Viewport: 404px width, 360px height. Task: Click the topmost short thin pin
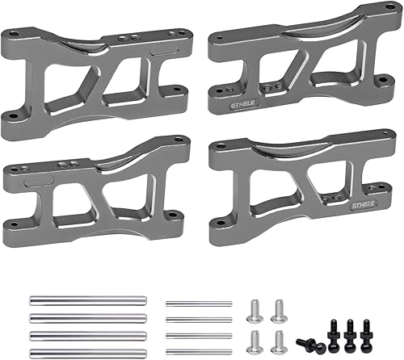pyautogui.click(x=198, y=303)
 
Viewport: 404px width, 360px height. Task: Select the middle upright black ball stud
pyautogui.click(x=350, y=331)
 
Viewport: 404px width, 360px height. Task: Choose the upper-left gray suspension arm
pyautogui.click(x=96, y=76)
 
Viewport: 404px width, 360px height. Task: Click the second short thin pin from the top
pyautogui.click(x=198, y=319)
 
